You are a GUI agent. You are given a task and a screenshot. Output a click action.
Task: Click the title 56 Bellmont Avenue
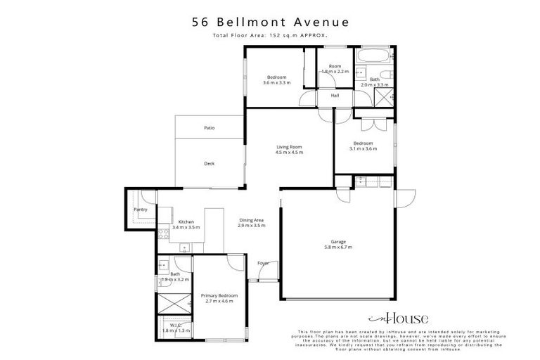(x=270, y=22)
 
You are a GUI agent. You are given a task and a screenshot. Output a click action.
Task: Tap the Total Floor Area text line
(x=270, y=34)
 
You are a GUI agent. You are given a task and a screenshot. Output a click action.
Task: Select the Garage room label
(x=338, y=241)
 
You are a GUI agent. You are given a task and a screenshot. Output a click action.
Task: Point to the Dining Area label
(x=250, y=221)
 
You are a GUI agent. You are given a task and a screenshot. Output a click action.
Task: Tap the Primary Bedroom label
(x=219, y=295)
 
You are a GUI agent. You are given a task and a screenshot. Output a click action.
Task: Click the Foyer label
(x=263, y=263)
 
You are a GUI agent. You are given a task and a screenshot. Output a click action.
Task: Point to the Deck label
(x=209, y=164)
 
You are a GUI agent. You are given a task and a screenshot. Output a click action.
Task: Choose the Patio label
(x=209, y=128)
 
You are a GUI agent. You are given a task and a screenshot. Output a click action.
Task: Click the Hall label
(x=335, y=96)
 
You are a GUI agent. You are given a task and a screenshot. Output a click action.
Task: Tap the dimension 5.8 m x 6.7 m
(x=338, y=247)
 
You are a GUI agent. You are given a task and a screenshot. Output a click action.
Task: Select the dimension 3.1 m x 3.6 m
(x=364, y=149)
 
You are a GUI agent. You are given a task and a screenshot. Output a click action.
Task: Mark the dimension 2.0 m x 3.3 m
(x=374, y=85)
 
